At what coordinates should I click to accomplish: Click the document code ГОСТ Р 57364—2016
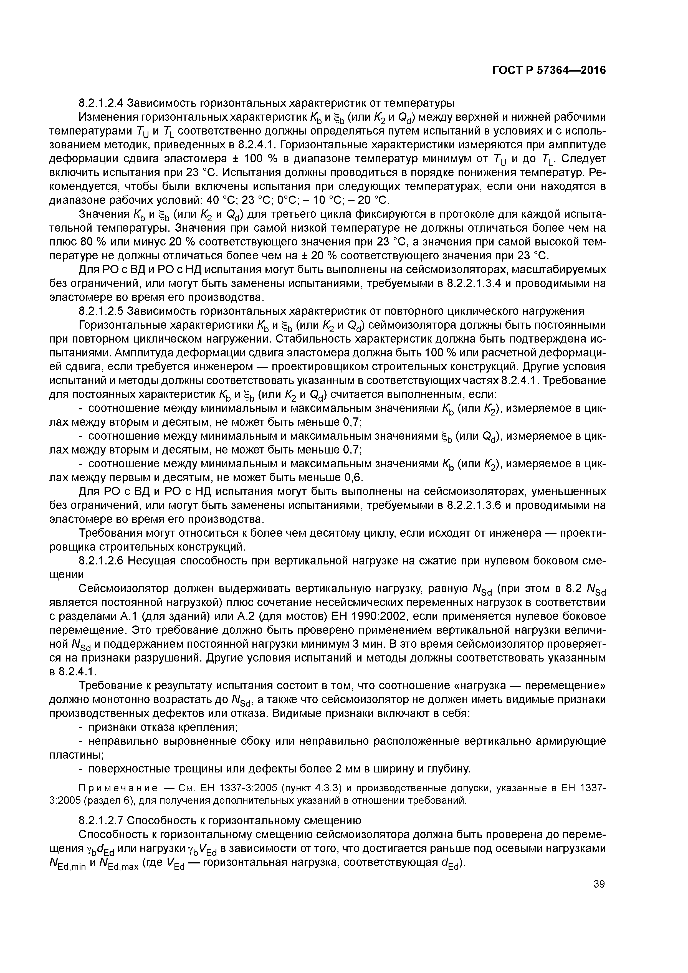coord(549,70)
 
